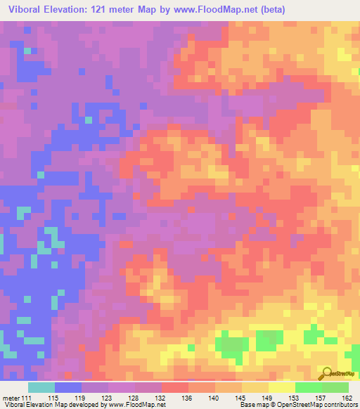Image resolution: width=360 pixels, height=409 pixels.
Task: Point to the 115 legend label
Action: [53, 397]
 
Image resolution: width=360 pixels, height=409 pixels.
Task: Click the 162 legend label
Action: [347, 397]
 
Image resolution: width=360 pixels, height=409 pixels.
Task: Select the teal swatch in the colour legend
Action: [41, 387]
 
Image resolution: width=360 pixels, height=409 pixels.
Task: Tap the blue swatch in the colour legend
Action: [68, 387]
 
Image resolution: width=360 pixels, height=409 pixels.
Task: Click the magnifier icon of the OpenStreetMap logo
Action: [326, 373]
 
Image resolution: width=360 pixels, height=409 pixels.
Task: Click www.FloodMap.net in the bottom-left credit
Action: [136, 405]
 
